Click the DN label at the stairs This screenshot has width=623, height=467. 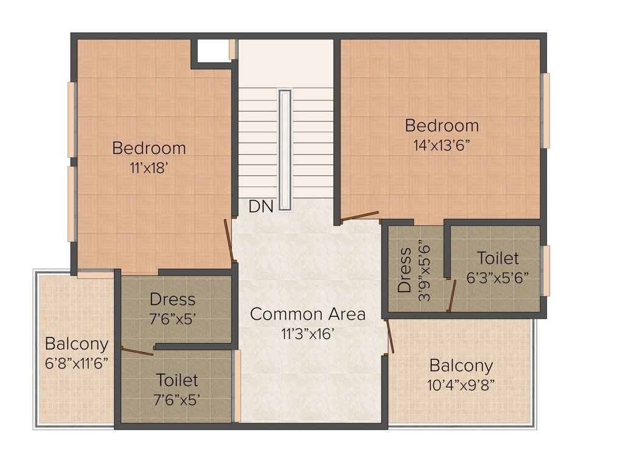click(x=261, y=207)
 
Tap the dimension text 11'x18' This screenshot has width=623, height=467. click(x=149, y=168)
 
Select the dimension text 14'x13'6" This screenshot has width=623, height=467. click(x=442, y=146)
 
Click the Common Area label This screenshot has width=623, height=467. click(x=308, y=314)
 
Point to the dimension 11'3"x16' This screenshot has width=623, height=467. click(x=308, y=334)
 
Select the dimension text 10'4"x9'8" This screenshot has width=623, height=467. click(x=461, y=385)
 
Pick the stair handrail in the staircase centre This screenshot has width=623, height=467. click(x=285, y=150)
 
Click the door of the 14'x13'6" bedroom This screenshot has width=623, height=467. click(x=360, y=216)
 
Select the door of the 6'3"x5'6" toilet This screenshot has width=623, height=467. click(x=451, y=296)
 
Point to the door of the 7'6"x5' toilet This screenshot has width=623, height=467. click(x=137, y=350)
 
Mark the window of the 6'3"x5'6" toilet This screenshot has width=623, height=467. click(x=546, y=271)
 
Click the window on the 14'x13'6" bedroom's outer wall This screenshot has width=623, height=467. click(x=546, y=111)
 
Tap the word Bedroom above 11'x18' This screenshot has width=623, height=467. click(x=149, y=148)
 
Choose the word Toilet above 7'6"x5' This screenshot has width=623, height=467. click(x=177, y=381)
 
